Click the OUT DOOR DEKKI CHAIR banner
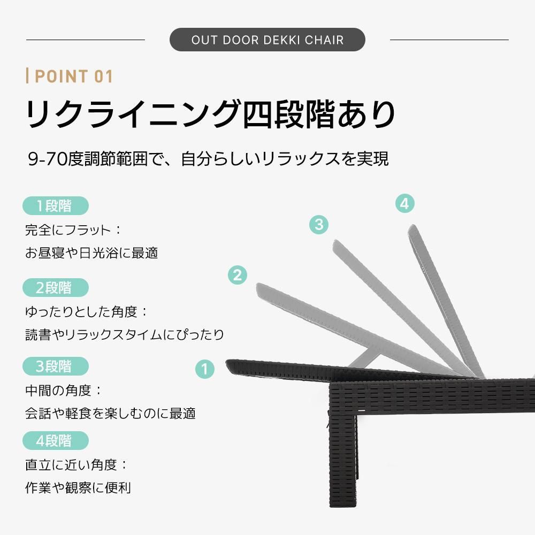coord(267,40)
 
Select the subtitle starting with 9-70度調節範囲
coord(208,159)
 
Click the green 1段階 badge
coord(55,206)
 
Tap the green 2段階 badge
coord(55,288)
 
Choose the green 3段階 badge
coord(55,367)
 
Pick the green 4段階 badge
coord(55,441)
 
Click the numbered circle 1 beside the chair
coord(204,369)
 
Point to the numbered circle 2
coord(237,275)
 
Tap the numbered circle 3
coord(319,224)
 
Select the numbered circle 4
coord(405,204)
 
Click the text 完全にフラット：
coord(74,230)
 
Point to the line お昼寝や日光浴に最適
coord(91,253)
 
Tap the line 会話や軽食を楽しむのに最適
coord(110,413)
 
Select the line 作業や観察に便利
coord(78,488)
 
